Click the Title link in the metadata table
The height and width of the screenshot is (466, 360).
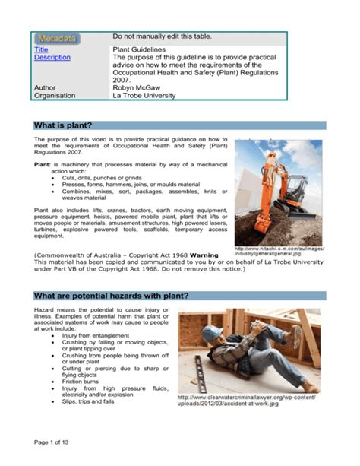click(41, 49)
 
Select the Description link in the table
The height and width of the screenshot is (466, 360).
click(52, 58)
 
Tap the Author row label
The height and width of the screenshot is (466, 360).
click(46, 87)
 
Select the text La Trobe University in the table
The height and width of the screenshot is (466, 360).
click(144, 96)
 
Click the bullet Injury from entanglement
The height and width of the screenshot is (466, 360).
click(96, 335)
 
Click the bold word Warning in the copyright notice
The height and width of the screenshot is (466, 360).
click(204, 254)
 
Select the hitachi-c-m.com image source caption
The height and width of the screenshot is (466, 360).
click(280, 252)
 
